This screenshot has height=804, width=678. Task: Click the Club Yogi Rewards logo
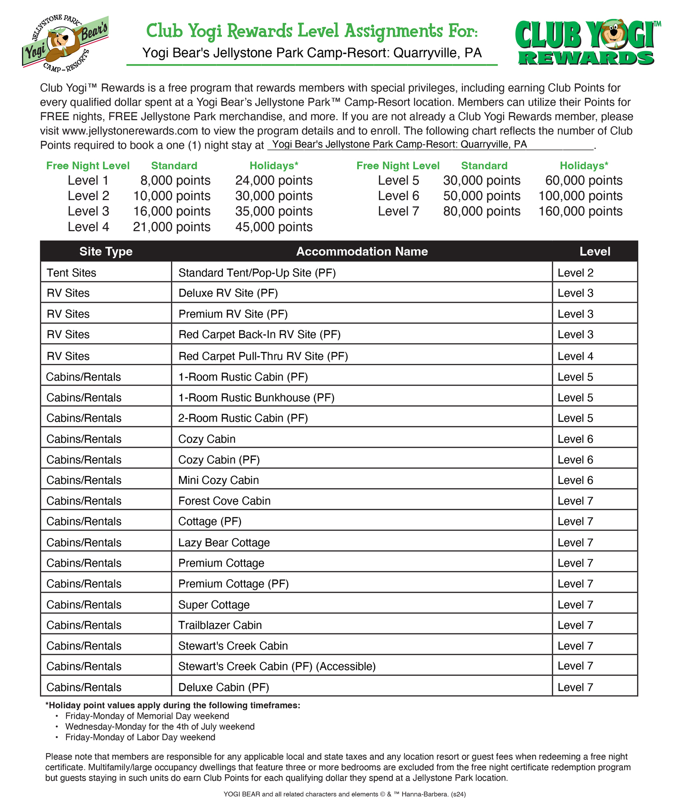pyautogui.click(x=587, y=43)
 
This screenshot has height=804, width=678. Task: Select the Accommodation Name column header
pyautogui.click(x=362, y=251)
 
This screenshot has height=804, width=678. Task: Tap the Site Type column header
pyautogui.click(x=106, y=251)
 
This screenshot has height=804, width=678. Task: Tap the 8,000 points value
pyautogui.click(x=175, y=181)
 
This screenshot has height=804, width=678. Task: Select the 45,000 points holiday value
pyautogui.click(x=273, y=227)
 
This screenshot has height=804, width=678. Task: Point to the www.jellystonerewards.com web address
pyautogui.click(x=130, y=131)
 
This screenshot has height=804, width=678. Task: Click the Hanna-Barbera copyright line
pyautogui.click(x=344, y=794)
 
